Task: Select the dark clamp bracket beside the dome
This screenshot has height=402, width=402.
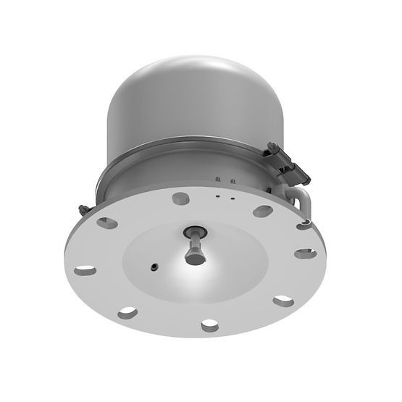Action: point(289,163)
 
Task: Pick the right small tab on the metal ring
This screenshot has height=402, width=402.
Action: point(232,180)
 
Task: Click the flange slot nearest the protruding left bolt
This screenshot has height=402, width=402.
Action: point(106,223)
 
